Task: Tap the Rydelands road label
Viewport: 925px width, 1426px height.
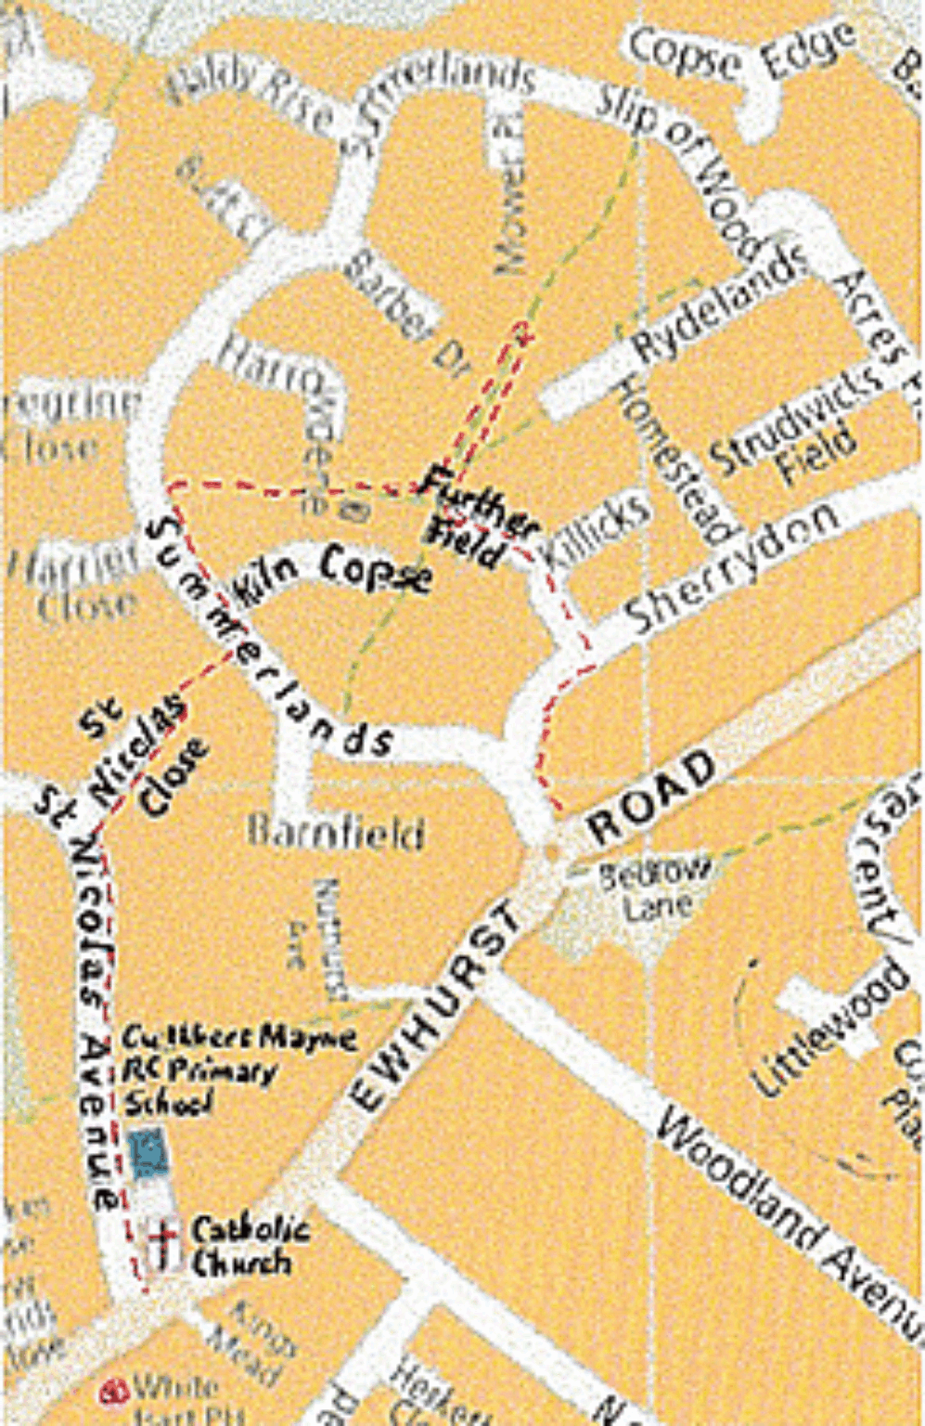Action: [x=718, y=306]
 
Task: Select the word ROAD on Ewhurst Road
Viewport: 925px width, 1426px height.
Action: [x=653, y=798]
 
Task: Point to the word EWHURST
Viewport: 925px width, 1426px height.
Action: [x=437, y=1007]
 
